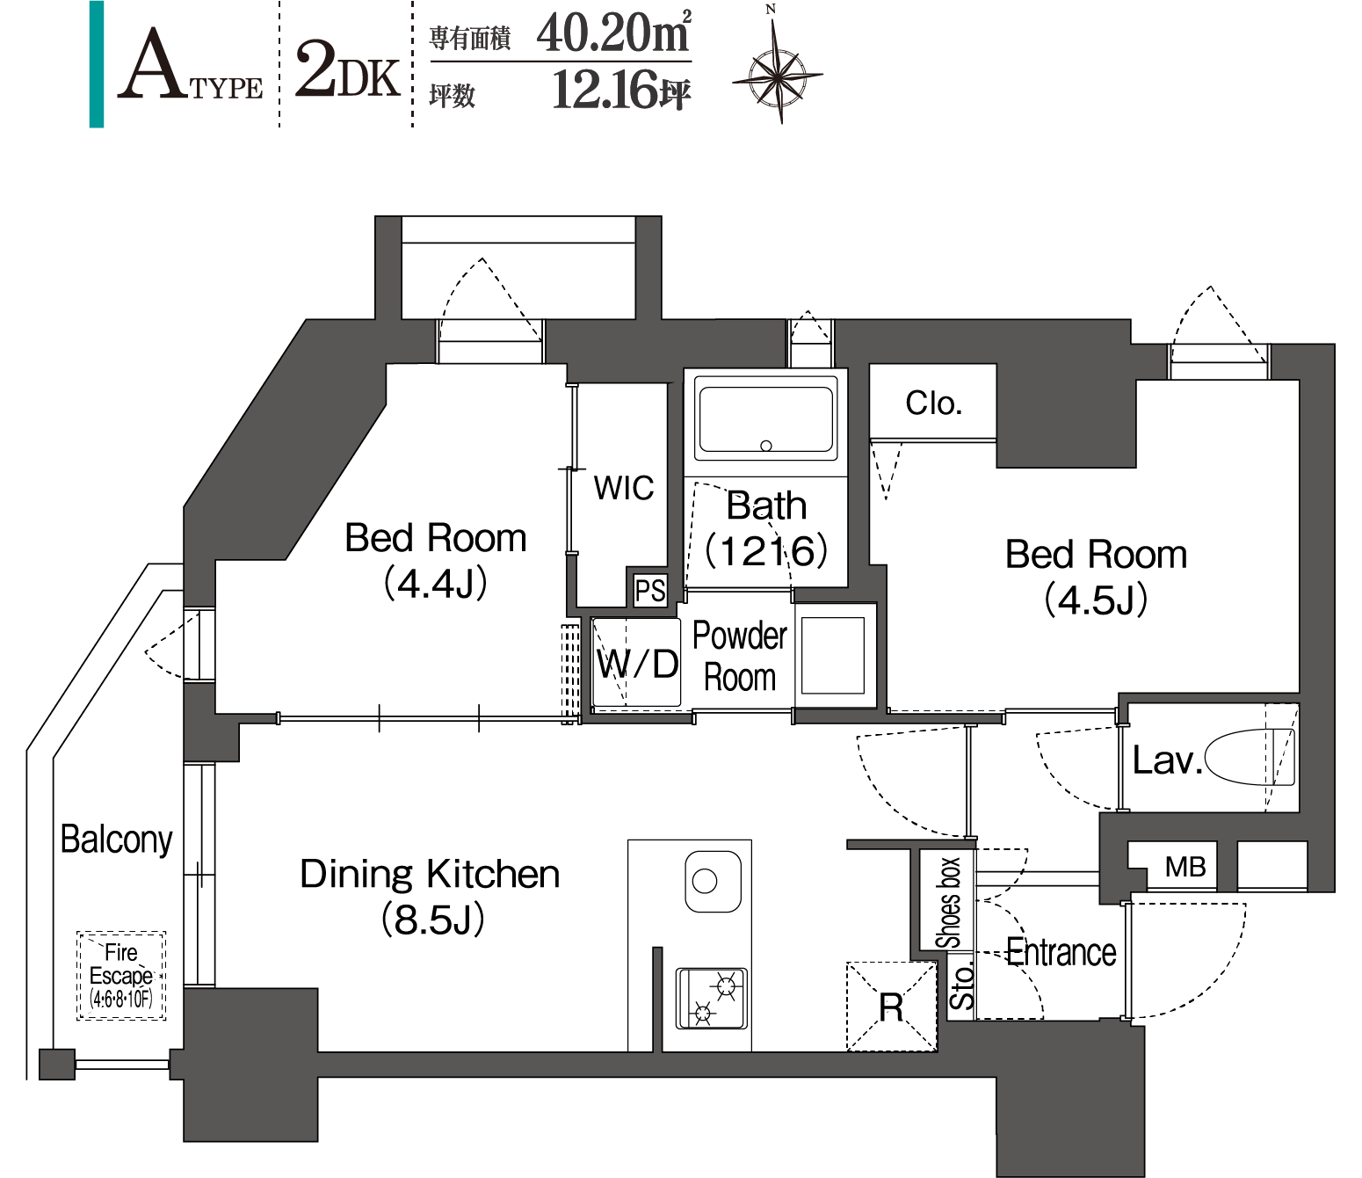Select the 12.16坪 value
621,90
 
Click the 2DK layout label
347,70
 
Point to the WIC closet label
623,489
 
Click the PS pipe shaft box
649,591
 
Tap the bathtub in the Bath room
765,419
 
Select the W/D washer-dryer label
637,663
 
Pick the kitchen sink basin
713,882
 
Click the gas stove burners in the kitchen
712,999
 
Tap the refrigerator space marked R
892,1006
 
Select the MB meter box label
1185,867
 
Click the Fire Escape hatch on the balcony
121,976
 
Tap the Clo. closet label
934,403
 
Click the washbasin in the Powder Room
833,655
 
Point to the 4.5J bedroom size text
1096,600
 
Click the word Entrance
1061,953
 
